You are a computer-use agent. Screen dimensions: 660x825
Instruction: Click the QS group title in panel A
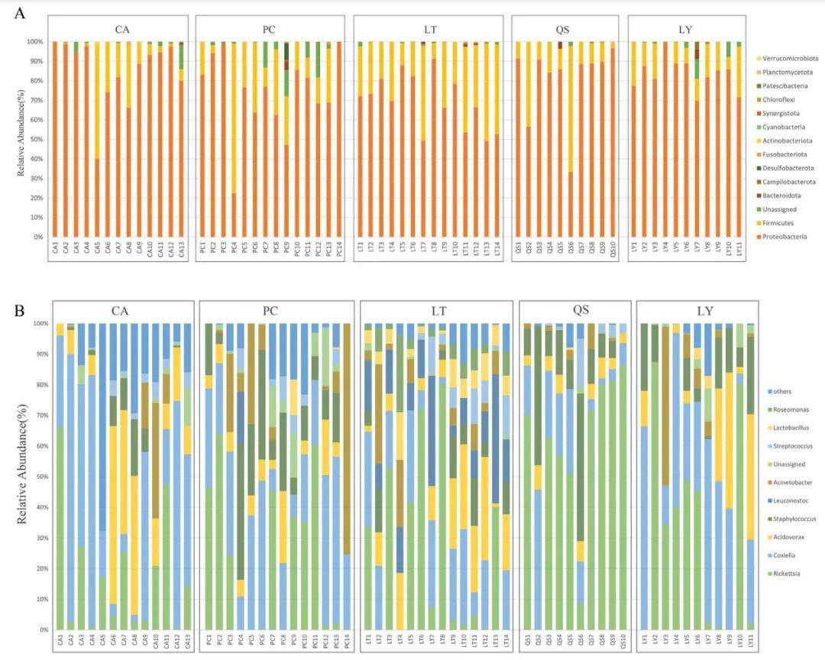coord(566,29)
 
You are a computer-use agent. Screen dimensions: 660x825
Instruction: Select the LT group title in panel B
coord(435,312)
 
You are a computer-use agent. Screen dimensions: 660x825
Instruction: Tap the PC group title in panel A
coord(269,29)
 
